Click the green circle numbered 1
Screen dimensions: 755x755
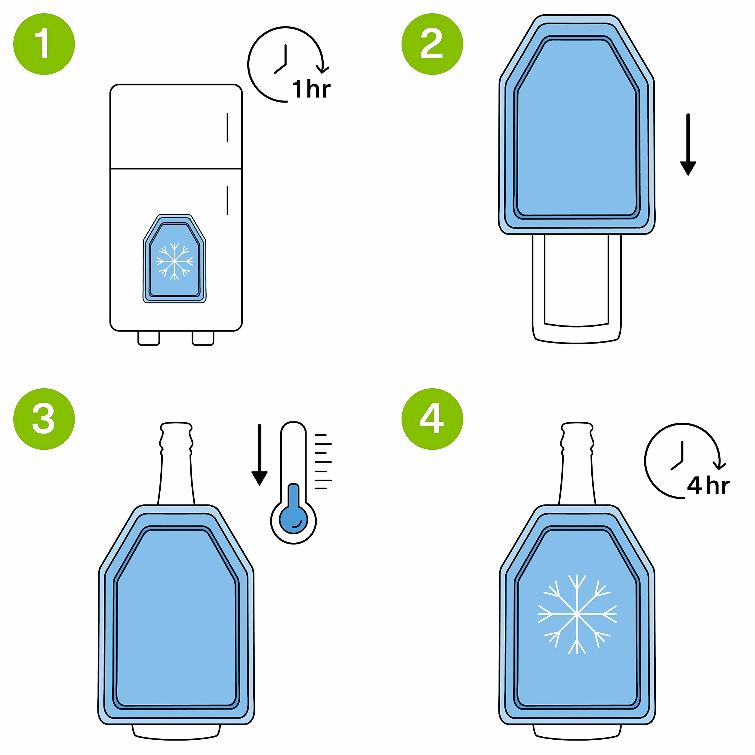pos(44,44)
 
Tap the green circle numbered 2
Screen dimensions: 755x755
pos(432,44)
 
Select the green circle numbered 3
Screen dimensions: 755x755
pos(44,419)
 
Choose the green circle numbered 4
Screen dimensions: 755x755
pos(432,419)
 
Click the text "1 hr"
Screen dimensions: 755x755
pos(311,89)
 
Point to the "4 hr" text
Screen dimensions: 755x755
pos(708,486)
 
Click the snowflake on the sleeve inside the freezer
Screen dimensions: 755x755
pos(174,261)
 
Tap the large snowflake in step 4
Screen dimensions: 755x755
pos(577,614)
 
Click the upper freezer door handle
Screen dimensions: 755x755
pos(227,128)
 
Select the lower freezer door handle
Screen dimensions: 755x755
pos(227,200)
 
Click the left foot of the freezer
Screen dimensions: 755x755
pos(149,338)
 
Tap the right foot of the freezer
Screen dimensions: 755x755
pos(203,338)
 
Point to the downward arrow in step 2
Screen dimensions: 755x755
pos(688,145)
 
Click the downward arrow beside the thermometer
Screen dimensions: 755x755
pos(260,455)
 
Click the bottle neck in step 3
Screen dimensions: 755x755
pos(176,464)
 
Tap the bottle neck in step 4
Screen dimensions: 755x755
pos(577,464)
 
